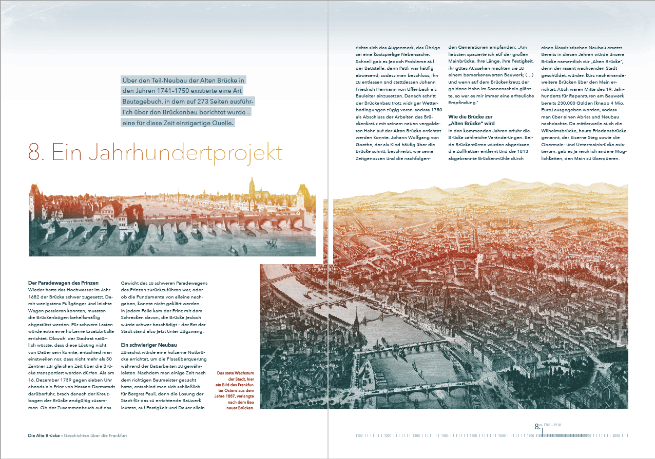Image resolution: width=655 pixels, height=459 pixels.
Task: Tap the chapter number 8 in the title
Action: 35,153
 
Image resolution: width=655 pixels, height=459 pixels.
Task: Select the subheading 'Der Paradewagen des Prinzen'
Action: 63,283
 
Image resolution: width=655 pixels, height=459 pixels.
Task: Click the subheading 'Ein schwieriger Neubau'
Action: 148,345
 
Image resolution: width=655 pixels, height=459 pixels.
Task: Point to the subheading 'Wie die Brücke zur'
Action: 470,117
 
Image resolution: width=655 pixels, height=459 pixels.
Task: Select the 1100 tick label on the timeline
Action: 359,436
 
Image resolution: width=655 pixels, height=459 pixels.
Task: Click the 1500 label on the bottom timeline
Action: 473,436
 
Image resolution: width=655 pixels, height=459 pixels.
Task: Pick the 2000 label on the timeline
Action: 616,436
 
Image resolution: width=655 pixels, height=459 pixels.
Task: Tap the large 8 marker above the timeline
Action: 537,426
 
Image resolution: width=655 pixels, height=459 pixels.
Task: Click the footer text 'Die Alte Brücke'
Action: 44,435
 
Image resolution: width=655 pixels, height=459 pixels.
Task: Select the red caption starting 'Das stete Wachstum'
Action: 236,390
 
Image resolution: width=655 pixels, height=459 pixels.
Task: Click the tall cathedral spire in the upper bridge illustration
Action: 252,186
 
